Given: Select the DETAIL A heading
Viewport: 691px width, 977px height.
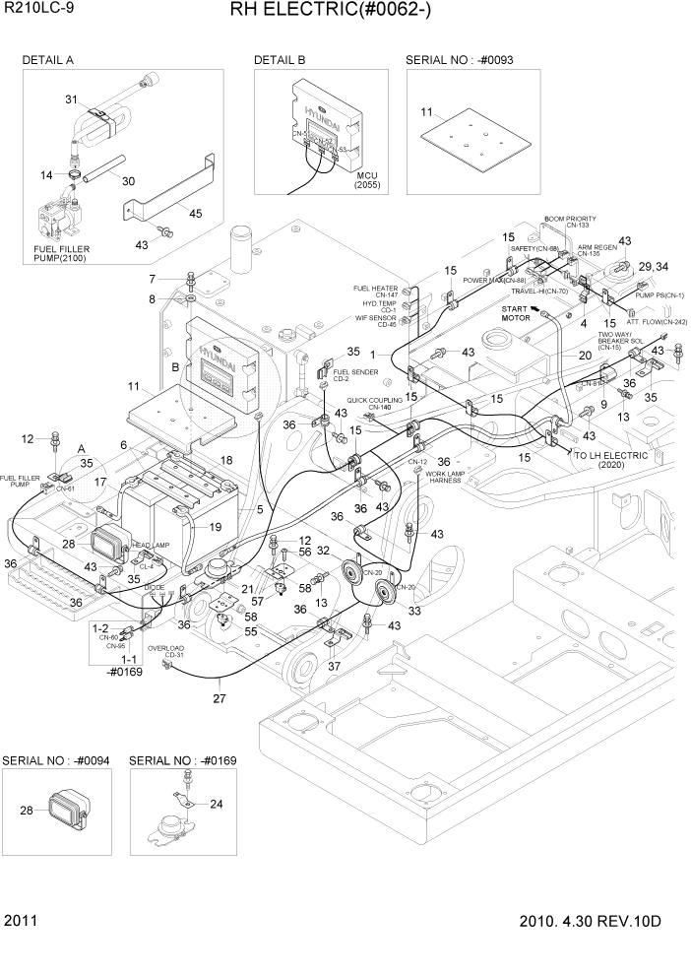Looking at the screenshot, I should (48, 60).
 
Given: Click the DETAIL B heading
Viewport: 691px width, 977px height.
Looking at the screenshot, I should (280, 60).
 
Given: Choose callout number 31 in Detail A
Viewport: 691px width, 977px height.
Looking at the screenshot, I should (71, 99).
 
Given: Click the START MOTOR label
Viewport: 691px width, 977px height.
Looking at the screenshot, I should (515, 314).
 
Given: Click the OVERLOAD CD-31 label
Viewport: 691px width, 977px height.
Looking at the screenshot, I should (165, 653).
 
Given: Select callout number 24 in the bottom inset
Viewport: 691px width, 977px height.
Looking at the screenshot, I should (217, 804).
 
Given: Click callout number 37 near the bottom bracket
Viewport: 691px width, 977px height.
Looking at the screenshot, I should (336, 665).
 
